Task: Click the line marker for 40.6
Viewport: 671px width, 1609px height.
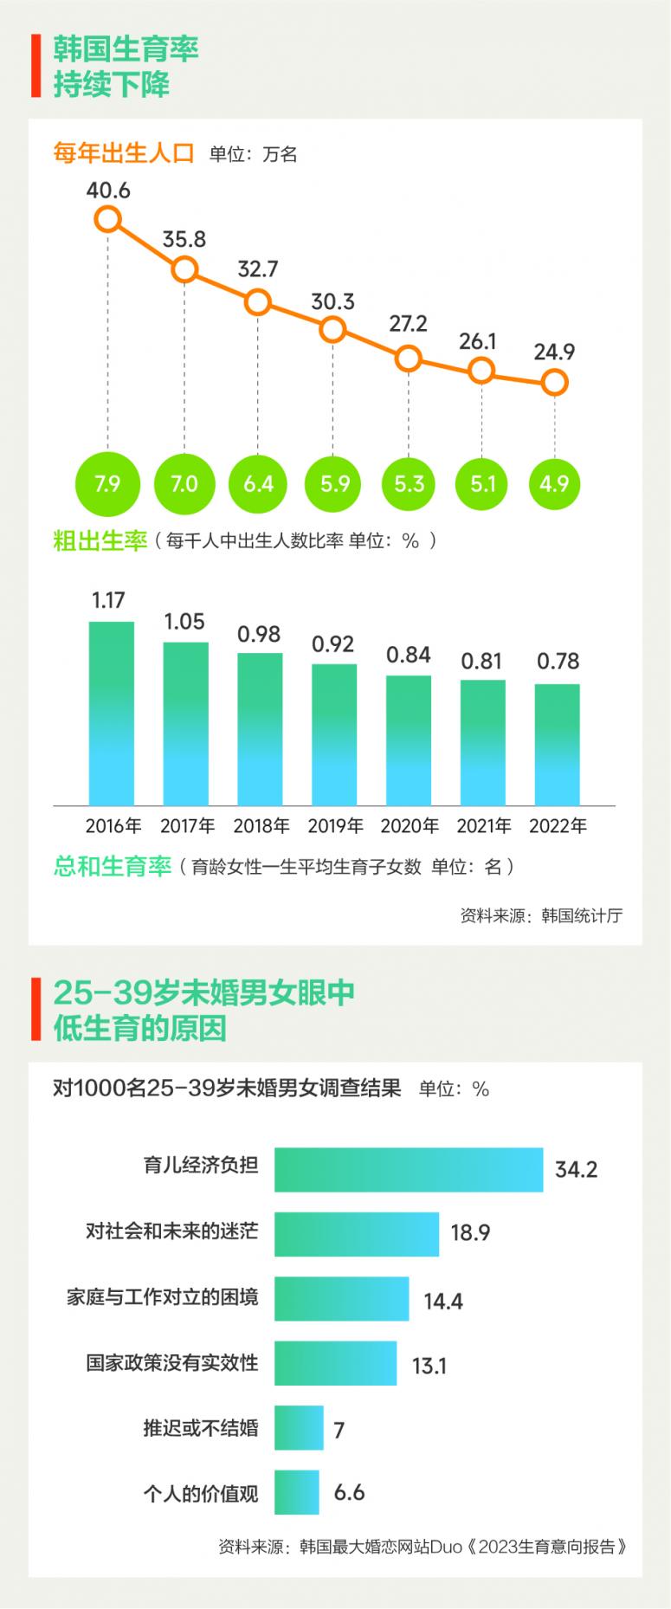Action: [108, 219]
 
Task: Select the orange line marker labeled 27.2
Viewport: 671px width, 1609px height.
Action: [408, 358]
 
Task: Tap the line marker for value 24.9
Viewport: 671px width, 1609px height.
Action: [554, 381]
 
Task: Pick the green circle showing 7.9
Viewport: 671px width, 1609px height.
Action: [107, 483]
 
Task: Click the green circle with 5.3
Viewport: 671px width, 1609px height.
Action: [409, 483]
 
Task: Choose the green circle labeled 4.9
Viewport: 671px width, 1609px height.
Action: [554, 483]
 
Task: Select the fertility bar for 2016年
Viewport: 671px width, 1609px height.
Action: [112, 714]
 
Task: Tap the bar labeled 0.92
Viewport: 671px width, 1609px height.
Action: [334, 734]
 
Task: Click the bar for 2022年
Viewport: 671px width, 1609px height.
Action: [558, 745]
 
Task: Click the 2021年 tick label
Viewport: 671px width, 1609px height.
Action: [484, 826]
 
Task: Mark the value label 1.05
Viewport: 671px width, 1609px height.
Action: [184, 622]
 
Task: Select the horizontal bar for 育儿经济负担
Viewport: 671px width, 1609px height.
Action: [409, 1170]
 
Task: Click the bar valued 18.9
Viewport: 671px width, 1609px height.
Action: [357, 1234]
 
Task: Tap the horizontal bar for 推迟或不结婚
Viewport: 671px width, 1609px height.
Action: [299, 1428]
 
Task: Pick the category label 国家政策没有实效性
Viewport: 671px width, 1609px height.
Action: [172, 1363]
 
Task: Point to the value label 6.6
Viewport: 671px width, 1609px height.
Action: [350, 1492]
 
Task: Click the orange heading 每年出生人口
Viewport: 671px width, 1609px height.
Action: [124, 153]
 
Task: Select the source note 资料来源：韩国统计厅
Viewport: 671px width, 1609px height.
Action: [541, 916]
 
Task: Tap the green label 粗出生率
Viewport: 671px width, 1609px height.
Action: [100, 541]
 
